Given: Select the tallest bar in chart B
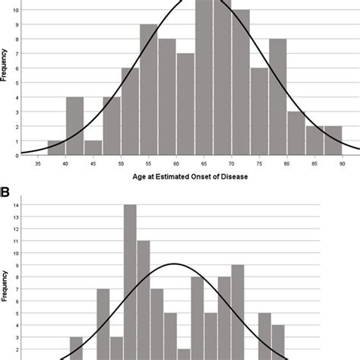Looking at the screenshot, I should point(130,281).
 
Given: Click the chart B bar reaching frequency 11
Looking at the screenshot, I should point(144,300).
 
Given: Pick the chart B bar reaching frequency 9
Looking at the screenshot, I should point(238,311).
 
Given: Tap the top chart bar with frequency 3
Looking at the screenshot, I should point(296,134).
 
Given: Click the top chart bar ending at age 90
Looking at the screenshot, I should point(333,141).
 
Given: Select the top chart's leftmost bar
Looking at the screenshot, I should point(56,148).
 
